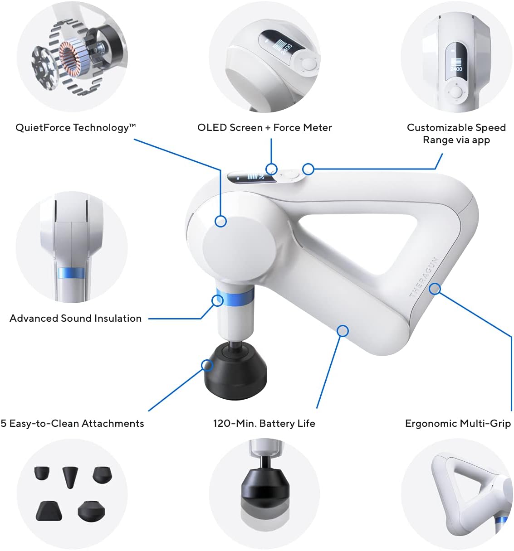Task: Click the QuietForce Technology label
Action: pos(76,128)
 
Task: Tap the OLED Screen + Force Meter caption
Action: pos(264,128)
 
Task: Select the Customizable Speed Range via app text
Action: pos(456,134)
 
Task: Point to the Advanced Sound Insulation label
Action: pos(76,318)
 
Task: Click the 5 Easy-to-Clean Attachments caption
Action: pos(72,423)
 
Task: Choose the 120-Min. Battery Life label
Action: pos(264,423)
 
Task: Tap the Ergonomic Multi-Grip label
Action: pos(458,424)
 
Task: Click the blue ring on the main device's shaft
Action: pos(235,295)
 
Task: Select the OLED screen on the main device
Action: pos(251,177)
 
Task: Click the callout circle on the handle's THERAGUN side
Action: pos(435,289)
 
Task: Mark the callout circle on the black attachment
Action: pos(207,365)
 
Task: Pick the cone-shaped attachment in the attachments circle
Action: pos(70,477)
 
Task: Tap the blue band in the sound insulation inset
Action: pos(71,273)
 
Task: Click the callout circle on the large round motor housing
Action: pos(220,221)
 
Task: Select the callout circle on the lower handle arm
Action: pos(343,331)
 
